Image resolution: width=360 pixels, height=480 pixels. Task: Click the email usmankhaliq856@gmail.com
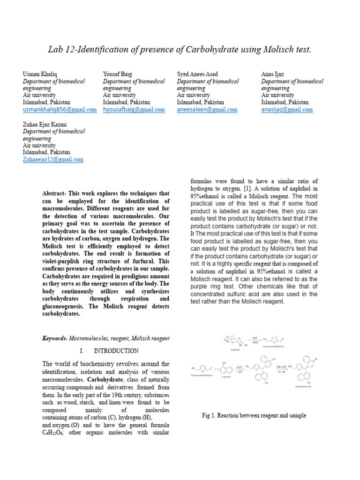click(x=60, y=110)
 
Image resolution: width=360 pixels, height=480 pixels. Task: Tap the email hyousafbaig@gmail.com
click(x=134, y=110)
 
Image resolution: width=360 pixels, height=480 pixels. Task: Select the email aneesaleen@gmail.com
click(x=207, y=110)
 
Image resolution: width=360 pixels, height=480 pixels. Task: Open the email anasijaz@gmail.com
click(x=287, y=110)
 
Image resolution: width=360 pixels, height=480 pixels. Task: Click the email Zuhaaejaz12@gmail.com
click(x=53, y=159)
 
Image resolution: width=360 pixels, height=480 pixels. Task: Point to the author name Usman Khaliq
click(x=40, y=74)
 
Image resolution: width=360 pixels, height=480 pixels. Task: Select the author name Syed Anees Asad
click(x=197, y=74)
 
